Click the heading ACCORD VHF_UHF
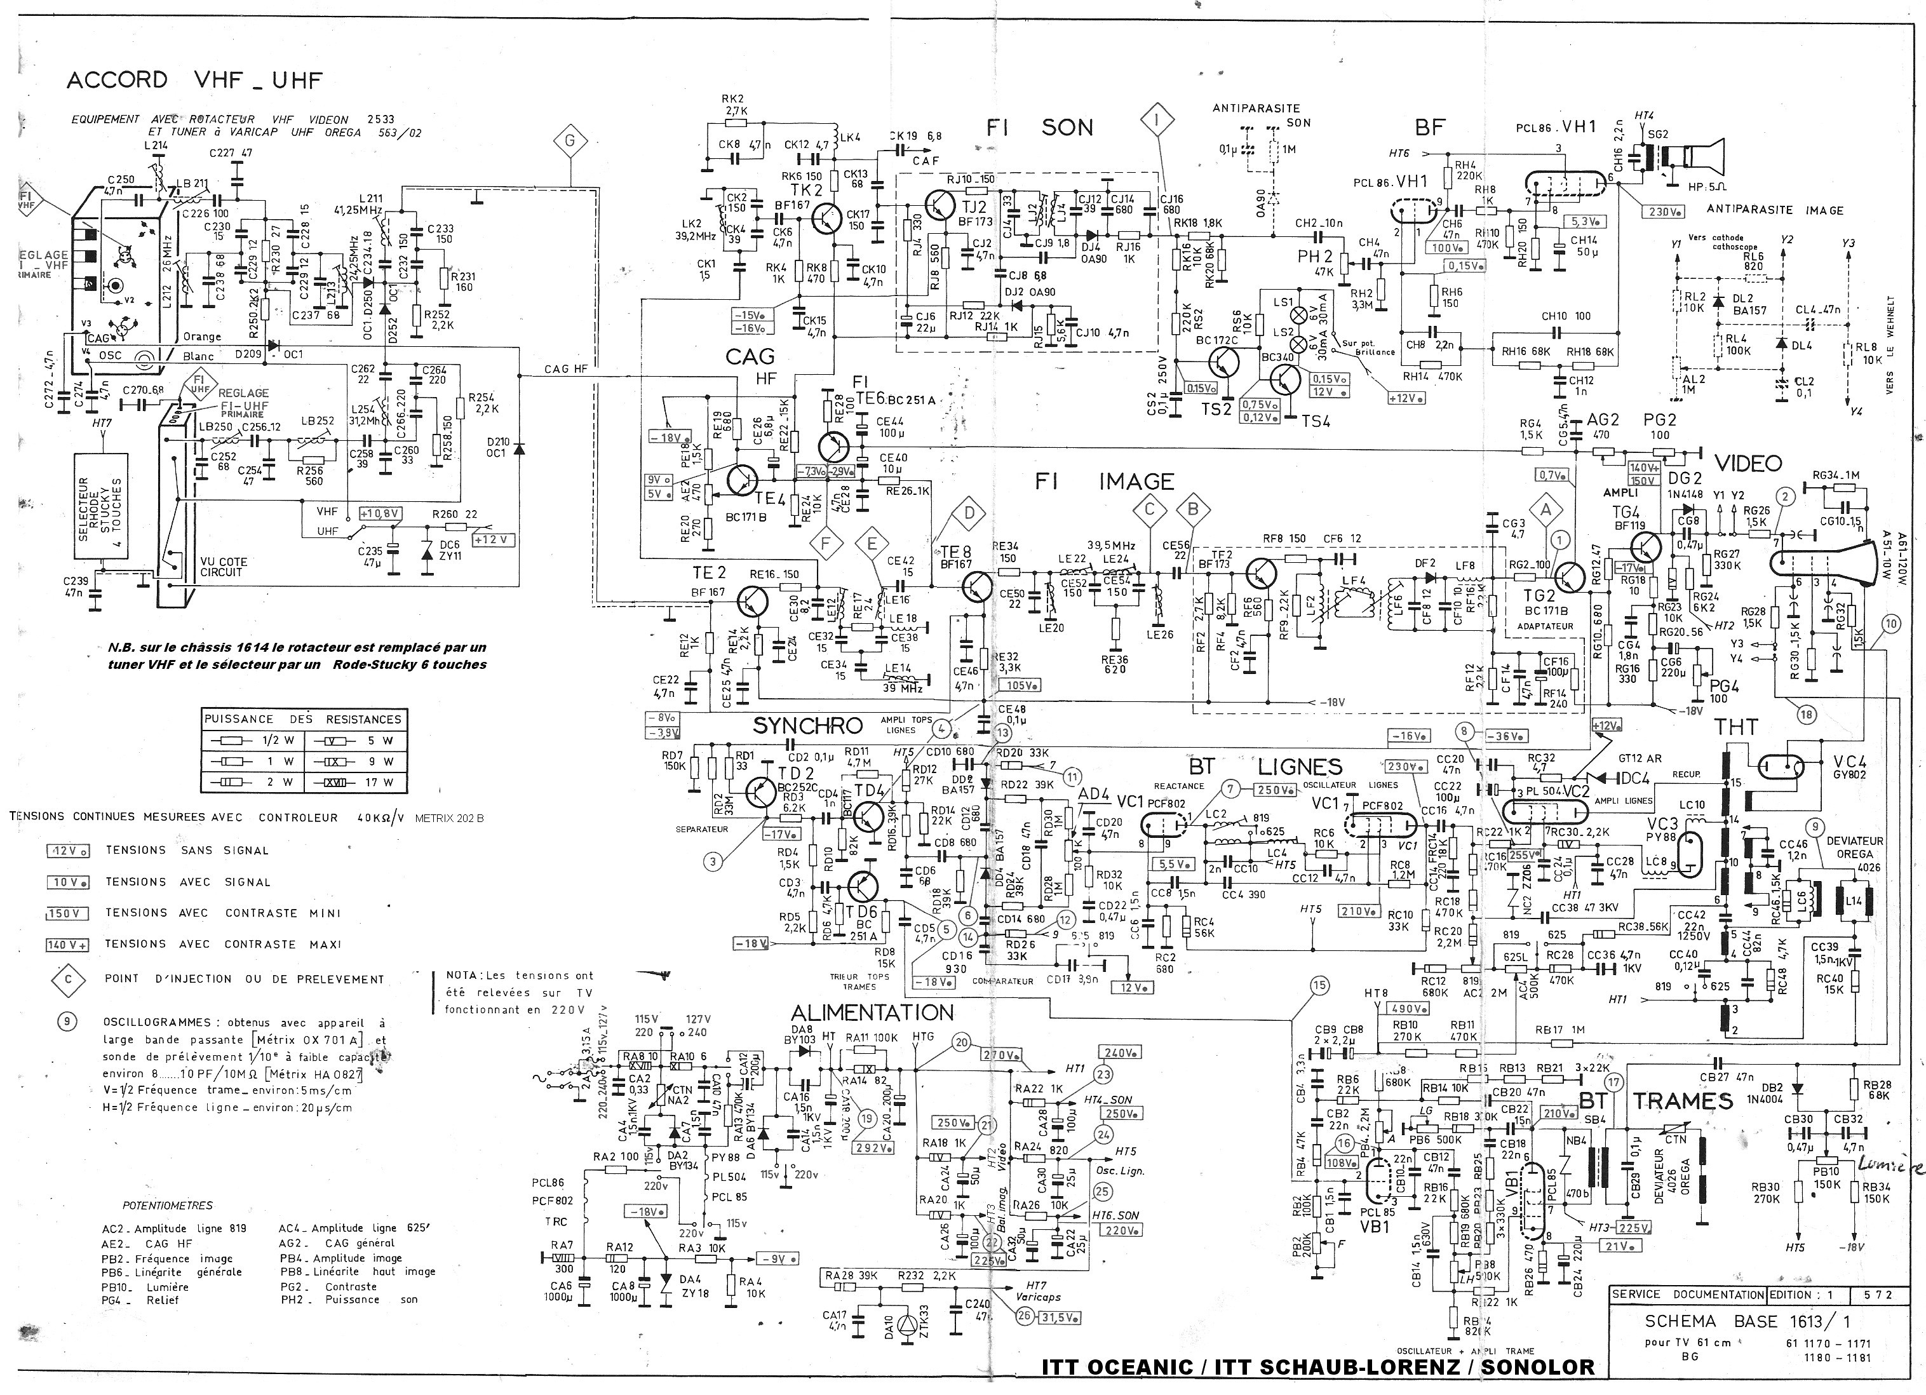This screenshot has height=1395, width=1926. [x=194, y=81]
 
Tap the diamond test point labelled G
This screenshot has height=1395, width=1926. [x=570, y=141]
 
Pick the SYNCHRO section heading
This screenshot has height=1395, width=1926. [x=807, y=726]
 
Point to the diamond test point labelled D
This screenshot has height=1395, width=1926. [x=969, y=512]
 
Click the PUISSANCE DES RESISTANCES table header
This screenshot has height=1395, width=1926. [x=302, y=718]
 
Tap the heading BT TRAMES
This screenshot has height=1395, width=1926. [x=1656, y=1102]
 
